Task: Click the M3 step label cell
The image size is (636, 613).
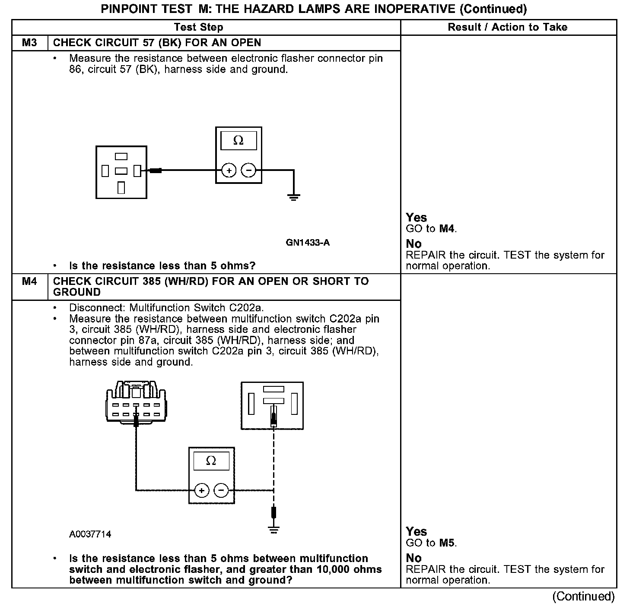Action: pyautogui.click(x=29, y=43)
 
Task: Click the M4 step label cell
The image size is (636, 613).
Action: pyautogui.click(x=29, y=281)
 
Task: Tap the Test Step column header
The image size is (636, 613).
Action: pyautogui.click(x=198, y=27)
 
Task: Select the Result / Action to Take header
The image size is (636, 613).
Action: pyautogui.click(x=507, y=27)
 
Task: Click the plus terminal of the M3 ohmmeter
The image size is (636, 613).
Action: pyautogui.click(x=229, y=171)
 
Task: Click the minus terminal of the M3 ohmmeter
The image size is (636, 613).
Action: pyautogui.click(x=248, y=171)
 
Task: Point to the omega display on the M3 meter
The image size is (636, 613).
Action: pyautogui.click(x=238, y=141)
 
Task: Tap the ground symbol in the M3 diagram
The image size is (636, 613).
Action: pyautogui.click(x=294, y=198)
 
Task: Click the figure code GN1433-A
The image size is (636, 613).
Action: pyautogui.click(x=307, y=243)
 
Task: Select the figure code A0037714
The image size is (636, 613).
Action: pyautogui.click(x=90, y=534)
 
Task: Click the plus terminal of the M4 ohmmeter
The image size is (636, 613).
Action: pyautogui.click(x=201, y=490)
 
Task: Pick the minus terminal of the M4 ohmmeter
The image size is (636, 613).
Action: pyautogui.click(x=221, y=490)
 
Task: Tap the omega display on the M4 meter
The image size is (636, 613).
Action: pyautogui.click(x=211, y=461)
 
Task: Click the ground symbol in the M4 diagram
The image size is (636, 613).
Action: pyautogui.click(x=273, y=529)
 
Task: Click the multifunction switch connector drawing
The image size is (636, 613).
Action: pyautogui.click(x=136, y=401)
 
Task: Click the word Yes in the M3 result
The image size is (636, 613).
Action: pyautogui.click(x=416, y=218)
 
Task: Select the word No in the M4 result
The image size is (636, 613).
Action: pyautogui.click(x=413, y=558)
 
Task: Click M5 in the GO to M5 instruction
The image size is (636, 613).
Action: pyautogui.click(x=447, y=543)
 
